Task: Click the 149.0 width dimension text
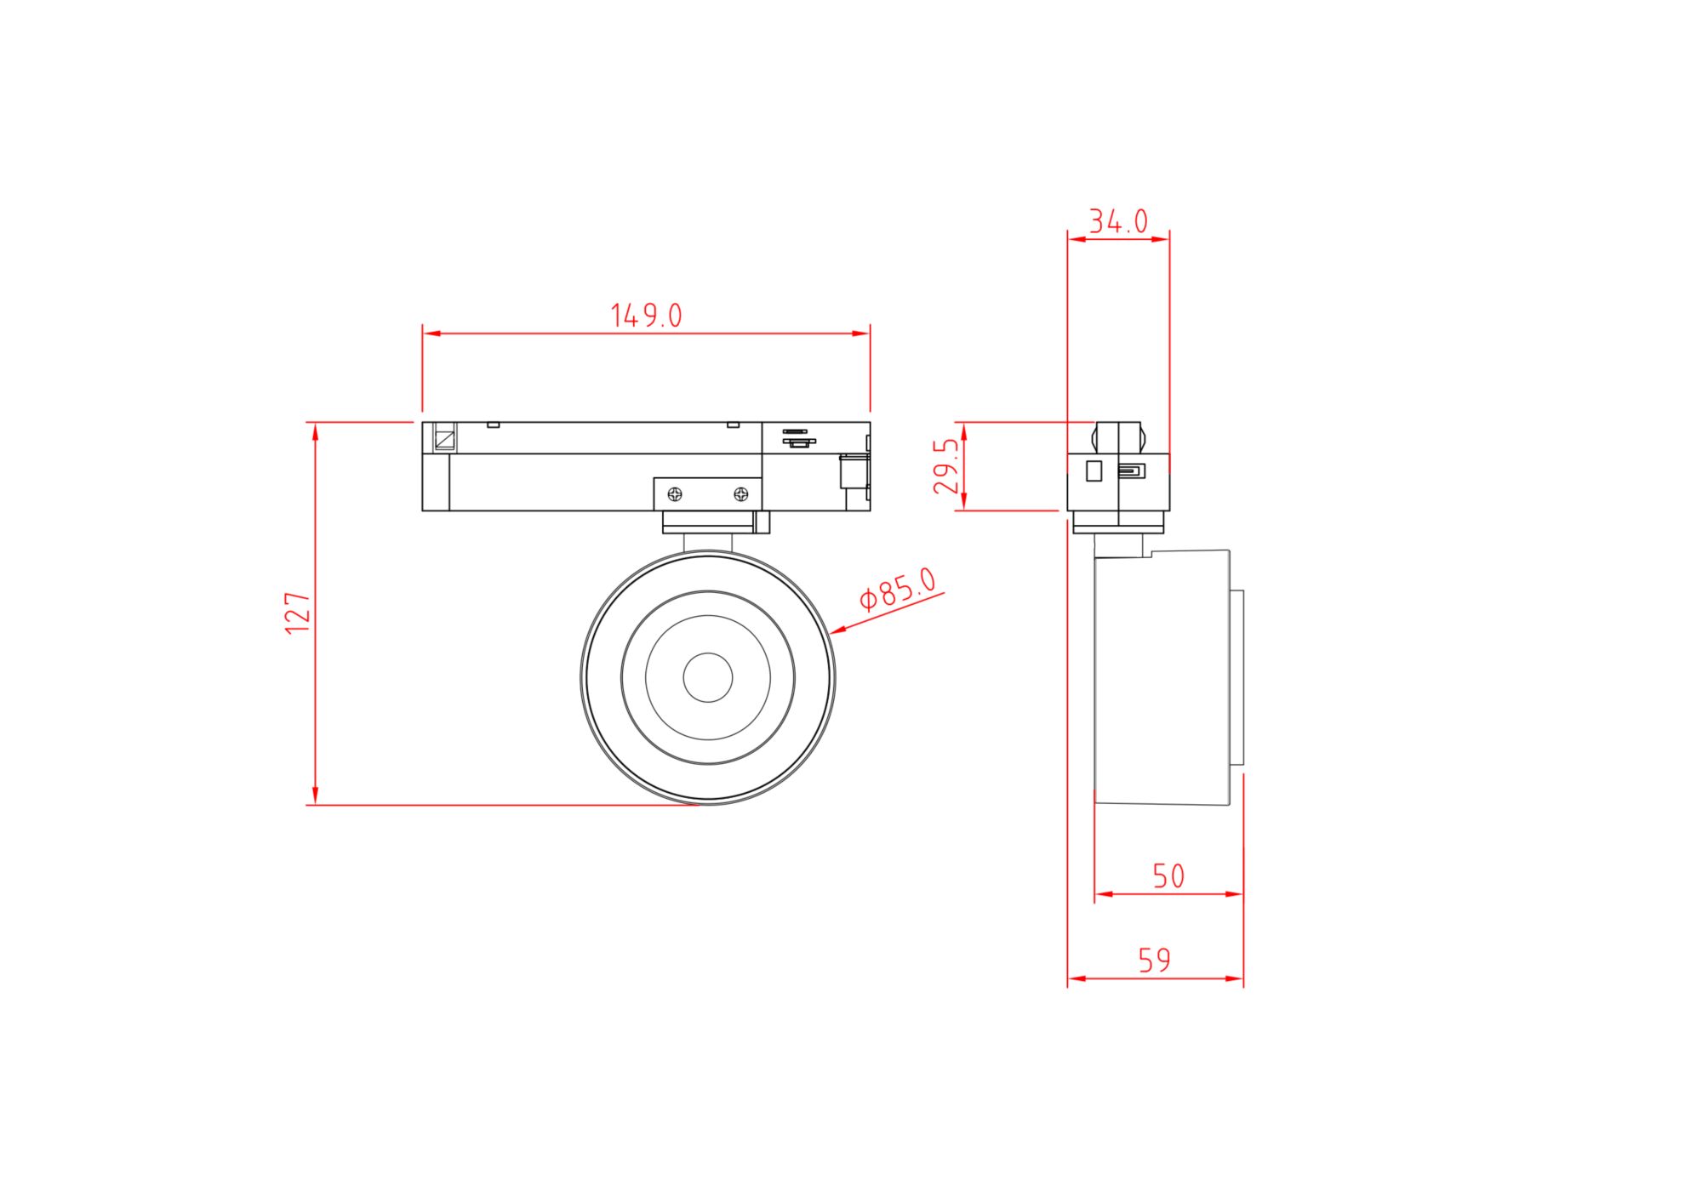(x=647, y=316)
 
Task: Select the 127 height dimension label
(x=297, y=613)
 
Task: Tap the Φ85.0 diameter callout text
(x=897, y=589)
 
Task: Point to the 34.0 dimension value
(x=1118, y=222)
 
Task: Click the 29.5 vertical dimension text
(x=946, y=466)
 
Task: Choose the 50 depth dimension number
(x=1168, y=876)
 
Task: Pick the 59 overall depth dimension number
(x=1155, y=961)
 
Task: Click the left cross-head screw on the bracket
(x=675, y=493)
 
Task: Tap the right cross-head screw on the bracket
(x=741, y=493)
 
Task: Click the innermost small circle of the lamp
(x=707, y=677)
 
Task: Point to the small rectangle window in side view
(x=1094, y=470)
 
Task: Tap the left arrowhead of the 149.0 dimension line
(x=431, y=334)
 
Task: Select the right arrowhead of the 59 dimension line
(x=1236, y=978)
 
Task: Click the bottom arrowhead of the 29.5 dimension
(x=963, y=503)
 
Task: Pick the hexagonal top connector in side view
(x=1118, y=437)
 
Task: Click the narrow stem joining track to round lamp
(x=707, y=543)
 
